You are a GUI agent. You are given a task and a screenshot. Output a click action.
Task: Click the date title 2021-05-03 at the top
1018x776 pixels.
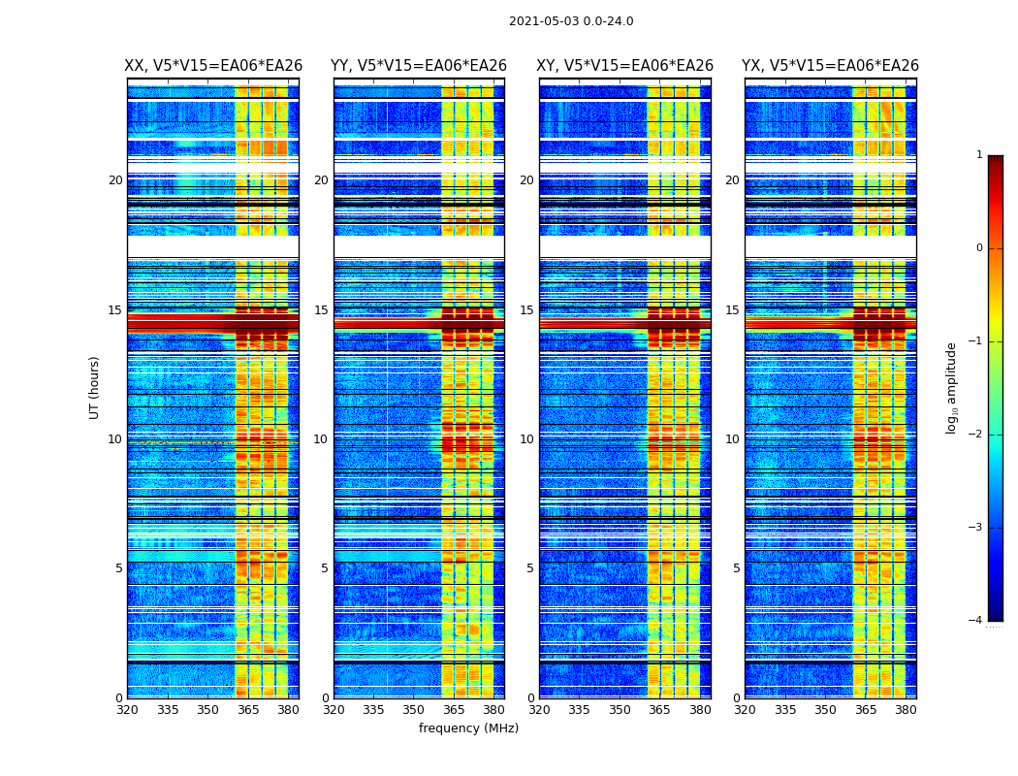(570, 21)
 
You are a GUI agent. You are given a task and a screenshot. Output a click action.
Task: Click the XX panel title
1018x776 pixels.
(213, 66)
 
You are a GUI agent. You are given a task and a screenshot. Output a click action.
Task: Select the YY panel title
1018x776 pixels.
(419, 66)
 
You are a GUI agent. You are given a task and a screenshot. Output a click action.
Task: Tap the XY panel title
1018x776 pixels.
(625, 66)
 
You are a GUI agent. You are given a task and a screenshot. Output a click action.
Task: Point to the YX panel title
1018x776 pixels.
(830, 66)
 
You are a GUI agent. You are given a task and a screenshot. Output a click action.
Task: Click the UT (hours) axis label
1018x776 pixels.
(95, 387)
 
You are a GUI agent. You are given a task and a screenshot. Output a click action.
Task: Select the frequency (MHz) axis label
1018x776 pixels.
(468, 728)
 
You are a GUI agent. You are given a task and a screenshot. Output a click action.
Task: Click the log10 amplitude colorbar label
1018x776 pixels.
(952, 387)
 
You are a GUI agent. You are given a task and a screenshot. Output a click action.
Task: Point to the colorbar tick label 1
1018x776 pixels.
(978, 155)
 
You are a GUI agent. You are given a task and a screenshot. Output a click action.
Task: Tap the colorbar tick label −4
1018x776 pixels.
(976, 621)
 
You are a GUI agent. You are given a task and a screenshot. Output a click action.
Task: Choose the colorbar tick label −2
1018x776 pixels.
(976, 435)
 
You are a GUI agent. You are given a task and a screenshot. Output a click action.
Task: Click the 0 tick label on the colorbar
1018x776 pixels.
(978, 248)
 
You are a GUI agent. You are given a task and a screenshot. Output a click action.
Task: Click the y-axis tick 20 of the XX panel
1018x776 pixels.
(115, 180)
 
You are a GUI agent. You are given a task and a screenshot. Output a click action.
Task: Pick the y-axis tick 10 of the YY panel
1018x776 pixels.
(321, 439)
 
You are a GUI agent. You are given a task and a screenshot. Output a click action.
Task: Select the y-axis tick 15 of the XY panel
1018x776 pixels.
(526, 310)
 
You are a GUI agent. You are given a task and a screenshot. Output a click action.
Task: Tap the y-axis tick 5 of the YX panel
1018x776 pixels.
(736, 568)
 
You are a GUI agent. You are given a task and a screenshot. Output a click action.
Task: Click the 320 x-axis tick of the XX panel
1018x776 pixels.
(127, 710)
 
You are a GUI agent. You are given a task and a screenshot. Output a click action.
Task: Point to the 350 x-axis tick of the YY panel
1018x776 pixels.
(414, 710)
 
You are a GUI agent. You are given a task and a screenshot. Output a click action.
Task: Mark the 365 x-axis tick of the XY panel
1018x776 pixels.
(659, 710)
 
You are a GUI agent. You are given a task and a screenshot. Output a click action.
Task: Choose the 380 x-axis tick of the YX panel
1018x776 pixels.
(906, 710)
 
